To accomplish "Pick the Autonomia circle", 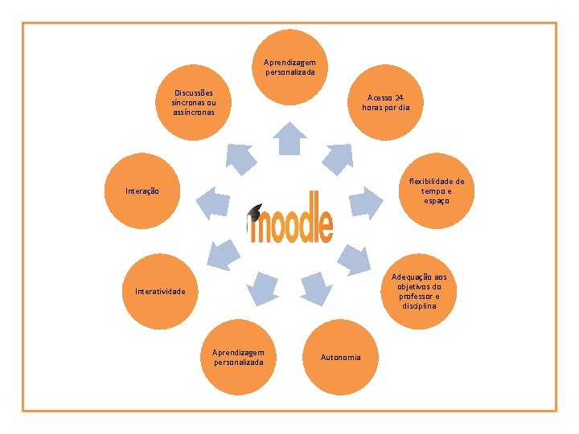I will click(x=341, y=357).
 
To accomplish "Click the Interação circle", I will click(x=143, y=191).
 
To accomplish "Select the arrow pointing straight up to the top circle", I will click(x=289, y=138).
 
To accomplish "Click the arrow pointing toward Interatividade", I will click(x=223, y=256).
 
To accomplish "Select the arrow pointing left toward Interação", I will click(x=211, y=202).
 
